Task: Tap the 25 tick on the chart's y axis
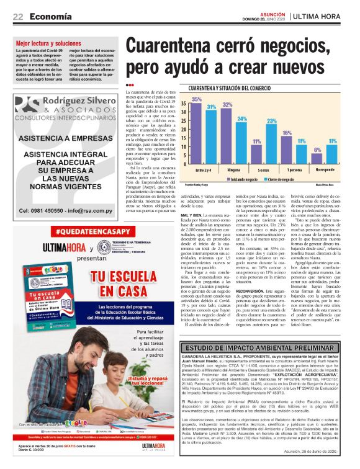pyautogui.click(x=185, y=122)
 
